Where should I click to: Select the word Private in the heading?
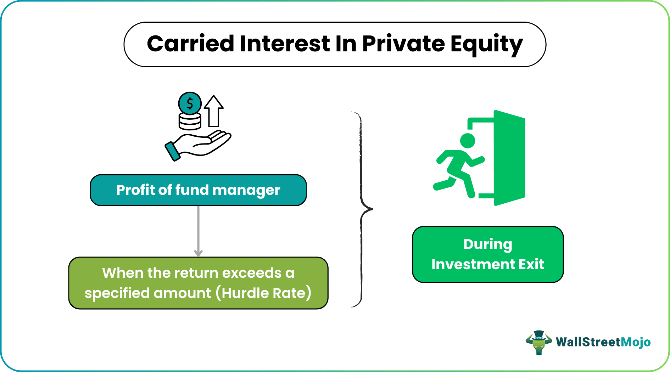coord(403,44)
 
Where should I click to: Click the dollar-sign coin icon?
coord(190,103)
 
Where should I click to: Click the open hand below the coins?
coord(206,143)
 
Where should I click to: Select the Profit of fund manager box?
coord(198,190)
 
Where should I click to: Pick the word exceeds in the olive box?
coord(252,273)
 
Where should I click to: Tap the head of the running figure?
coord(468,141)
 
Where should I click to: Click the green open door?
coord(509,158)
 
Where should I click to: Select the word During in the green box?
coord(487,244)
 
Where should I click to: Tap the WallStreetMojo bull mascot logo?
coord(538,342)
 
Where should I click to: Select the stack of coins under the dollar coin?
coord(190,121)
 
